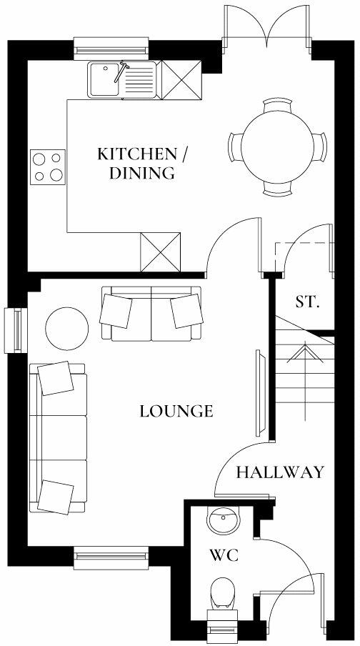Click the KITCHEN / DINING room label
point(146,163)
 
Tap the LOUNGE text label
point(176,411)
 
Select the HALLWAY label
point(280,472)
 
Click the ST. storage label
point(306,302)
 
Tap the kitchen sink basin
point(105,79)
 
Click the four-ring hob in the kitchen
point(46,167)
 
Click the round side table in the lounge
point(67,327)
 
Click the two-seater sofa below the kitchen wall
point(151,313)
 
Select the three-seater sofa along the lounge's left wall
point(57,438)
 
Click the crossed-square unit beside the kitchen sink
point(181,80)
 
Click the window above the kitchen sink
point(111,49)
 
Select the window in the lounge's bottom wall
point(111,555)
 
